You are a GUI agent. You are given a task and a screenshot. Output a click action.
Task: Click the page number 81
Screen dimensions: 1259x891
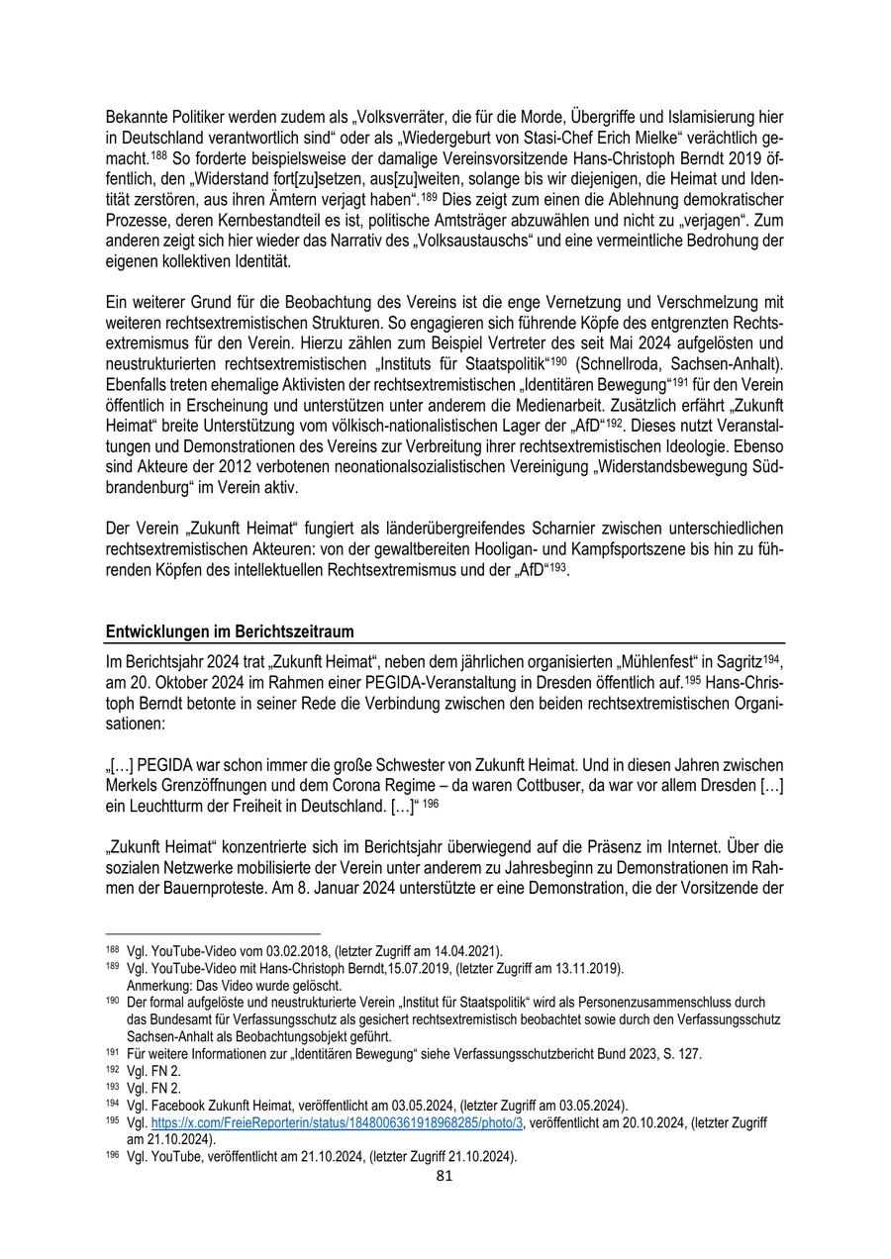click(x=445, y=1176)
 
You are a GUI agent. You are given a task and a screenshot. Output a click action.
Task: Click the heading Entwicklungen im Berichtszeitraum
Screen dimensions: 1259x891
click(x=229, y=631)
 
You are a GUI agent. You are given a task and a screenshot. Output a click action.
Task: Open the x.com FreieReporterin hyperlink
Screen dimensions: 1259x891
click(x=337, y=1122)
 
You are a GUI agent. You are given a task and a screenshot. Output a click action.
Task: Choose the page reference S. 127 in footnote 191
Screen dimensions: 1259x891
click(x=682, y=1054)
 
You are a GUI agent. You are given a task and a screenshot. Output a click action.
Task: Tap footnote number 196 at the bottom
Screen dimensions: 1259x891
click(x=112, y=1156)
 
